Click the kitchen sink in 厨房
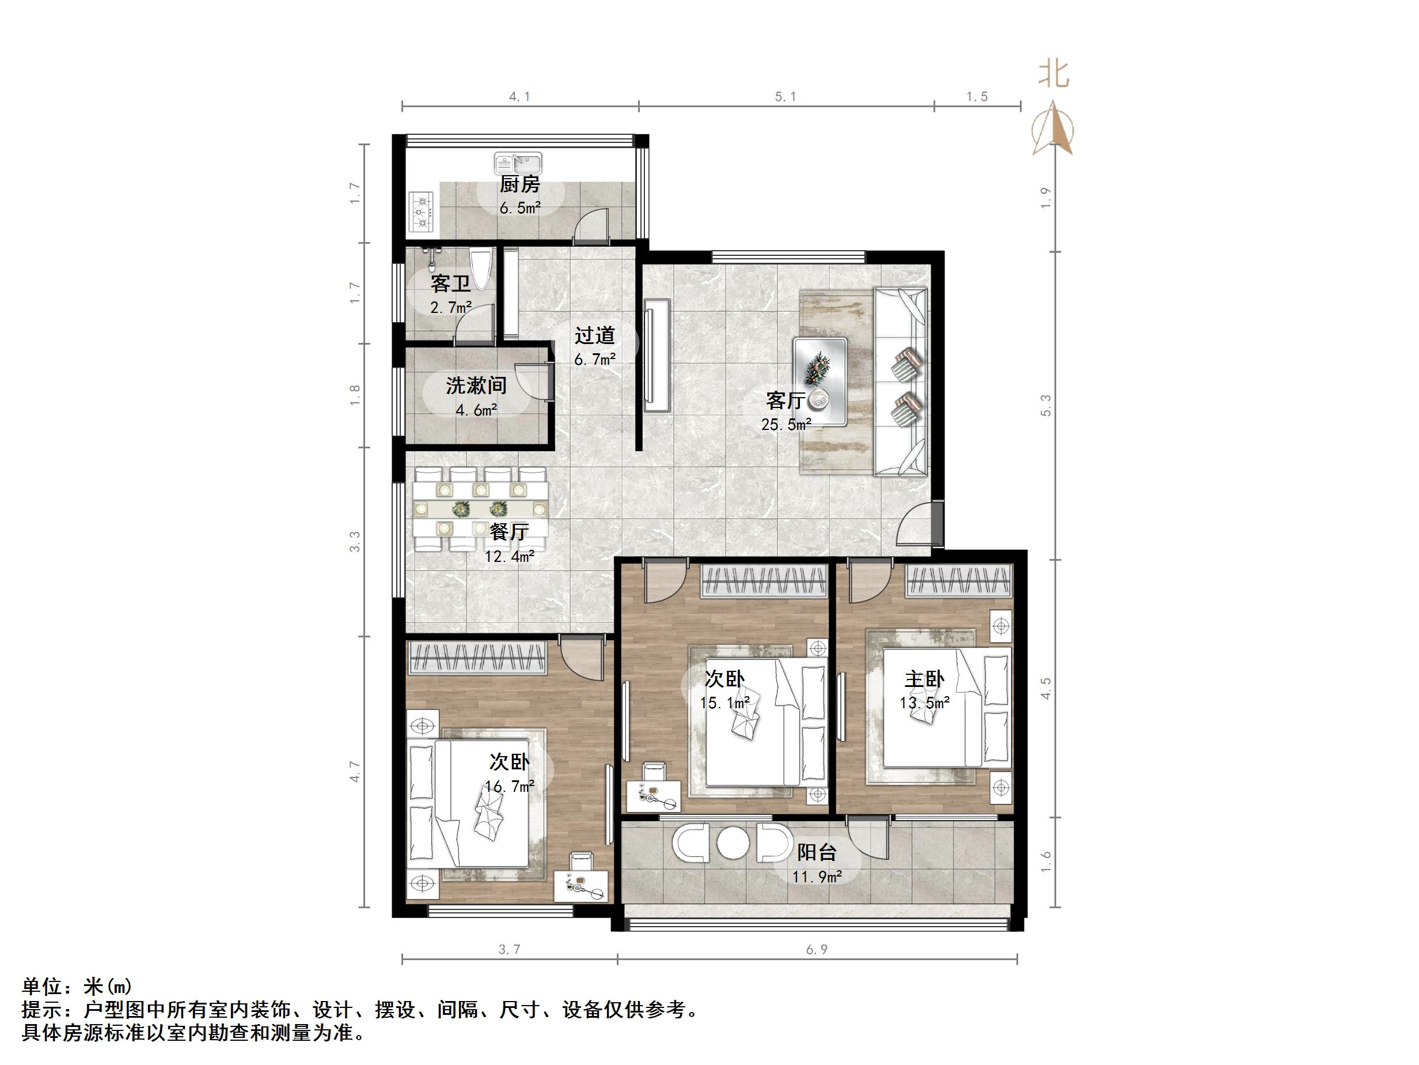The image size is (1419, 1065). (x=518, y=163)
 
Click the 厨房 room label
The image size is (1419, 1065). (x=519, y=185)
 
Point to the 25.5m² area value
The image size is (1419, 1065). (x=786, y=424)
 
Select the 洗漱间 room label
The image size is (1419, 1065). (x=476, y=385)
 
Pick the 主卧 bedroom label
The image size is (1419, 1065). (x=924, y=679)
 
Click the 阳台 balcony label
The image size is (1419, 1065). (x=817, y=852)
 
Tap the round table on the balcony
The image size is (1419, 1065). (x=733, y=844)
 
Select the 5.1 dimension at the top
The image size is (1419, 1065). (x=785, y=97)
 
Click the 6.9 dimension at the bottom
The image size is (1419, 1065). (x=817, y=949)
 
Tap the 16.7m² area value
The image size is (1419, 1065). (x=509, y=785)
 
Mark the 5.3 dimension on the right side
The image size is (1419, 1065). (x=1046, y=406)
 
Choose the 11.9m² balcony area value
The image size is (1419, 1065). (x=817, y=877)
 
